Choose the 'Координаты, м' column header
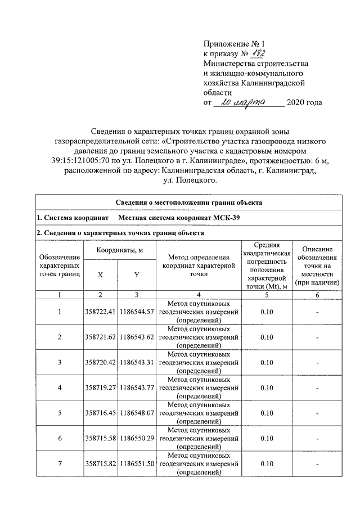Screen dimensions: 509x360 (x=118, y=249)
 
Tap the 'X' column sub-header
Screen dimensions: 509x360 (x=100, y=275)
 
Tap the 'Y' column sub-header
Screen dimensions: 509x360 (x=136, y=275)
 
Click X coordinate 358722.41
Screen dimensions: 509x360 (x=99, y=312)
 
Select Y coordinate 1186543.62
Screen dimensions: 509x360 (x=136, y=337)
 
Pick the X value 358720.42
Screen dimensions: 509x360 (x=99, y=362)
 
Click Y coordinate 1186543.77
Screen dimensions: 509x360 (x=136, y=388)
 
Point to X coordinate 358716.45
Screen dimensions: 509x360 (x=99, y=413)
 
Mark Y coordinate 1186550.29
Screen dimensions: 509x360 (x=136, y=438)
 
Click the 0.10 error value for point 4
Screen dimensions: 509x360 (x=267, y=388)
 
